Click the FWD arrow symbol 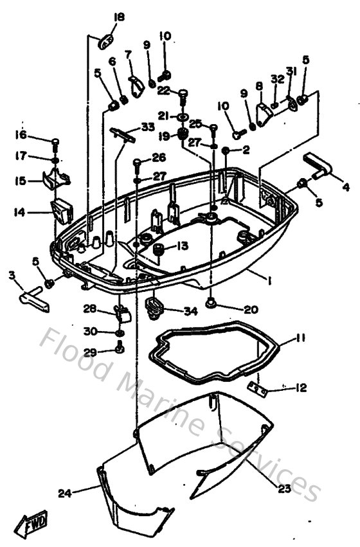[x=30, y=525]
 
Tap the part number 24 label [x=64, y=493]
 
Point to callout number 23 [x=284, y=488]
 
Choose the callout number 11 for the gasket [x=301, y=338]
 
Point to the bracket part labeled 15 [x=56, y=180]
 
